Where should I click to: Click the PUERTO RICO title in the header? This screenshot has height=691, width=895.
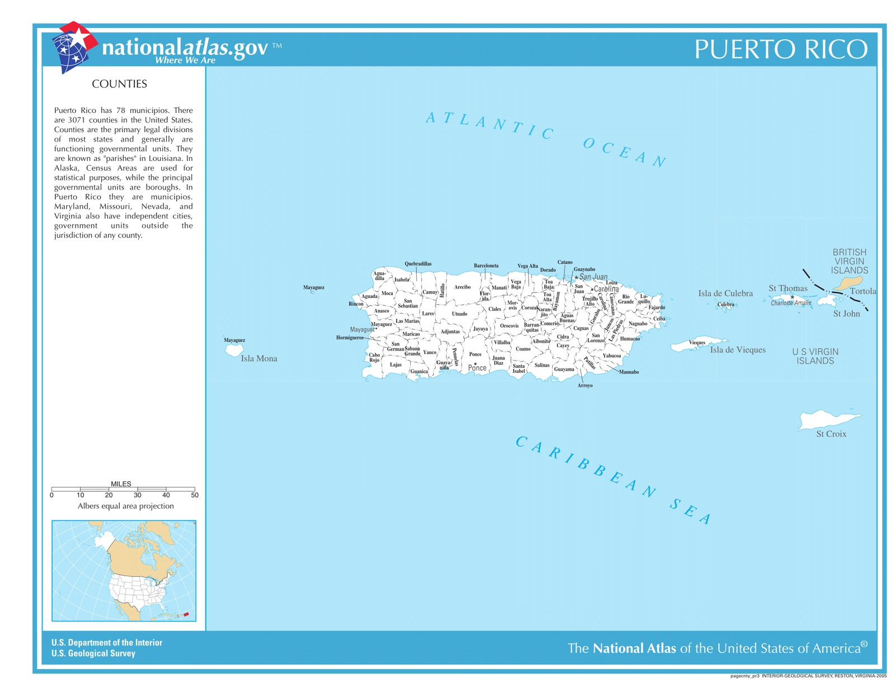781,49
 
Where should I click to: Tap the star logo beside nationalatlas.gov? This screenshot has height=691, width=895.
74,47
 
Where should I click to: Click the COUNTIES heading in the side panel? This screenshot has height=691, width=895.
119,84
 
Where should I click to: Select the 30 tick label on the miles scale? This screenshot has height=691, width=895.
138,495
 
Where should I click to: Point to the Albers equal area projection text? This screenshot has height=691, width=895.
125,506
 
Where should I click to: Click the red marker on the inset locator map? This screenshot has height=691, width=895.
186,614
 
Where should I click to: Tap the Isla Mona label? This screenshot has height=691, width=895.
259,359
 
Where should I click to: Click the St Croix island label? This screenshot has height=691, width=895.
831,434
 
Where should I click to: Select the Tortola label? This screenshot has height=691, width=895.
863,291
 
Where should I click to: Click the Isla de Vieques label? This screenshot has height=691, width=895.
737,350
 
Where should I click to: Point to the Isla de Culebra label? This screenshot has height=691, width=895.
725,294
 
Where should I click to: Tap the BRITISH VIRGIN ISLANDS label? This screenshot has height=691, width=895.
849,261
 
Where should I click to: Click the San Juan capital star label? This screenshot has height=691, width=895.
592,277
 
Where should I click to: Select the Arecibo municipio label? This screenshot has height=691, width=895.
462,287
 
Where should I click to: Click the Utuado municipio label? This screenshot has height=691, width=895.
459,314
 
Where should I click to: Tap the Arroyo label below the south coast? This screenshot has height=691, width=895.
585,386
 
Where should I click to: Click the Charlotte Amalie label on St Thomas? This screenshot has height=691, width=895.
790,303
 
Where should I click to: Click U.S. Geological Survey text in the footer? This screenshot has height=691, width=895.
93,654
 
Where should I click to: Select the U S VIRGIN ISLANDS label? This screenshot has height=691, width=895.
815,356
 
